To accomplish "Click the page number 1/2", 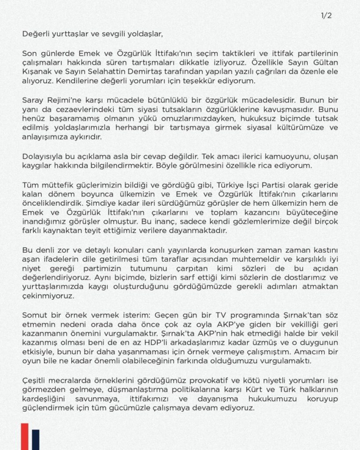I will click(326, 16).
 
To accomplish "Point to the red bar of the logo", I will click(25, 437).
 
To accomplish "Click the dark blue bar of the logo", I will click(36, 440).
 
